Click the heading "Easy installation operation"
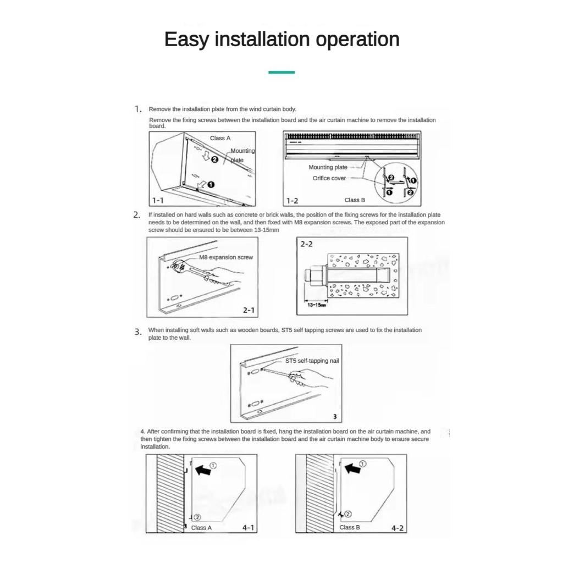point(281,40)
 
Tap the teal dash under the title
point(281,72)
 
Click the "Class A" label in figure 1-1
point(220,138)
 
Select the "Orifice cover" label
point(329,178)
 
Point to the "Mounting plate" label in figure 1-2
point(328,167)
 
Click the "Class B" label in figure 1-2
point(355,200)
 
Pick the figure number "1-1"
point(158,201)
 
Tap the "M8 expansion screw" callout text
point(226,257)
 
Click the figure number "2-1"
point(249,310)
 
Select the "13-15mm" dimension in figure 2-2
point(316,305)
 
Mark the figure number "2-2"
point(306,244)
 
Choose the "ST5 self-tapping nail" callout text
point(312,361)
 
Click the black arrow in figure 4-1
point(203,470)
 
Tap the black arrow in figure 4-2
point(352,468)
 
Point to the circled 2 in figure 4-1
point(198,517)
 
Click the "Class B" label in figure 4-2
point(350,527)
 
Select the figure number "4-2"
point(398,528)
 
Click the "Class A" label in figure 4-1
point(201,528)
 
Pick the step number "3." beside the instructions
point(138,332)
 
